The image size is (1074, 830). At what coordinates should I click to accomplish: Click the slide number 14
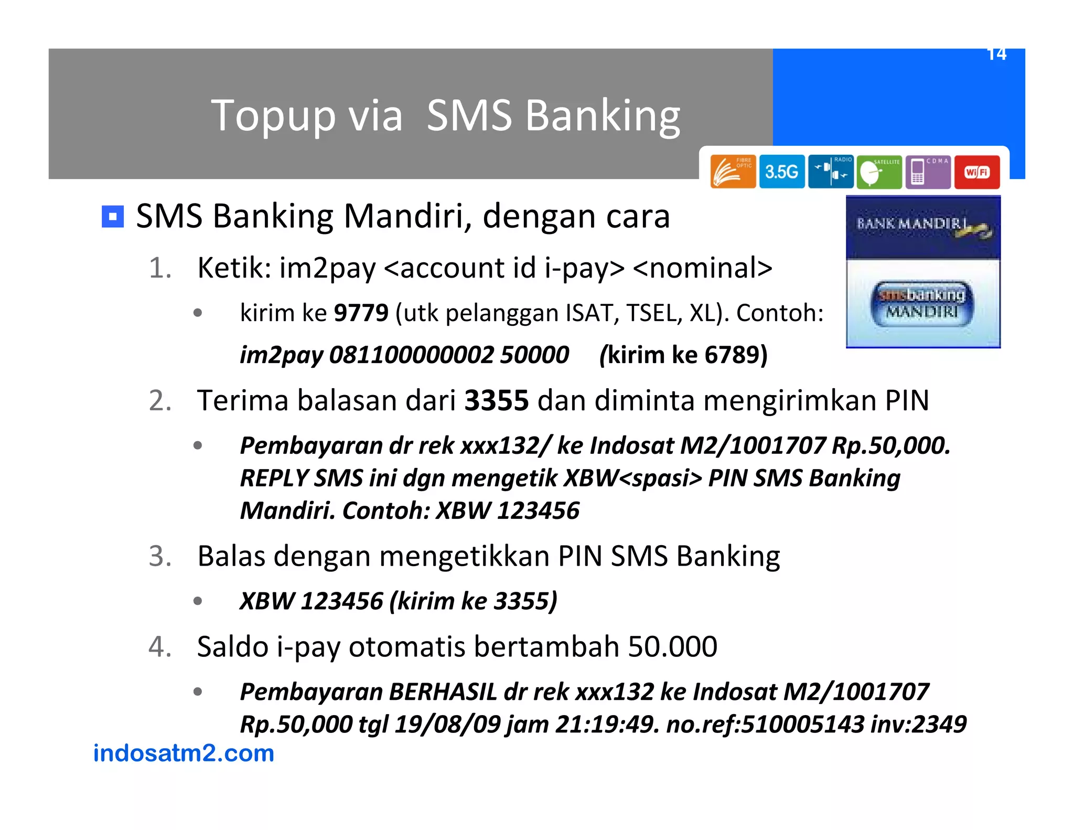996,54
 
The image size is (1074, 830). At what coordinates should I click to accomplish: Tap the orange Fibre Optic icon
733,172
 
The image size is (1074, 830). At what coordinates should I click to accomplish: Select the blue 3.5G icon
781,172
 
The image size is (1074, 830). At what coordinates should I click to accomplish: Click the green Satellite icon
879,172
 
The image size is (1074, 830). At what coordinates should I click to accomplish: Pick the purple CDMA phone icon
928,172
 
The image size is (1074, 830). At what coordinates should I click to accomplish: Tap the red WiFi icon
976,172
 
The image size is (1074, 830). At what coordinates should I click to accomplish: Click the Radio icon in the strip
831,172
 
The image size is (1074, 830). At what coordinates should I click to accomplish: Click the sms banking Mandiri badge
922,303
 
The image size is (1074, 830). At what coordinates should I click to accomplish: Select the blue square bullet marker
112,217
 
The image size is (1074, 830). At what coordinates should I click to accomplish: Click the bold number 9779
361,313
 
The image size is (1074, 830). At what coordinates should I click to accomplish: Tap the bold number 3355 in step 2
496,401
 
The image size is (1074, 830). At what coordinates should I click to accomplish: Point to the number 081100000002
411,355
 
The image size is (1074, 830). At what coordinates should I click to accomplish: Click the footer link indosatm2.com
184,753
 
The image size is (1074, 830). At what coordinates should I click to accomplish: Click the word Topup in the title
273,116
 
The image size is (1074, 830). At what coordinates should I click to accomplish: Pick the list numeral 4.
159,647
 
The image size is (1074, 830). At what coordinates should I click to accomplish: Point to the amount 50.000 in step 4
672,647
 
